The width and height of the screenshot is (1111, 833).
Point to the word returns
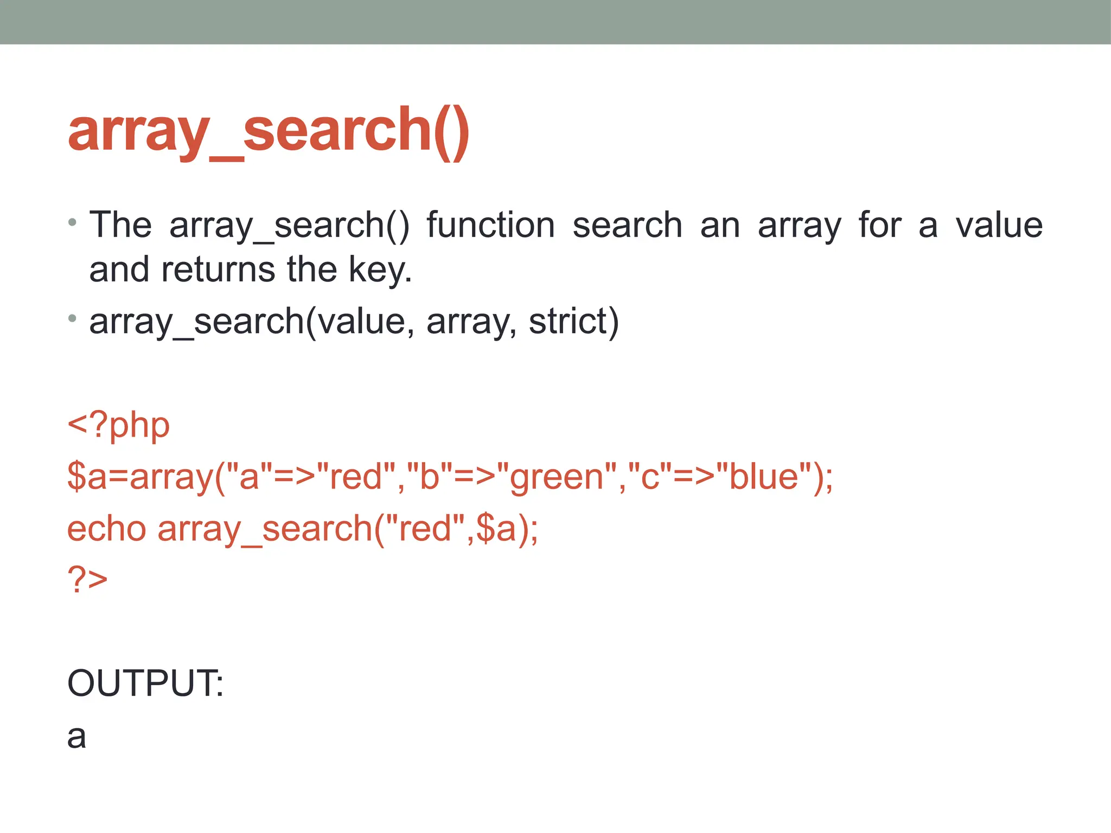218,270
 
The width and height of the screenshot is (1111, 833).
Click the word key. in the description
380,270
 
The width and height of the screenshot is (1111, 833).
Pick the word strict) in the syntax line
573,321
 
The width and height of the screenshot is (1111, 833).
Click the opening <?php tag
118,425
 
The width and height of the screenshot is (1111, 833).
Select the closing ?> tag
87,579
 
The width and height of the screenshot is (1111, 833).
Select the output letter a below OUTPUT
76,737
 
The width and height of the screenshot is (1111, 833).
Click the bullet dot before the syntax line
72,318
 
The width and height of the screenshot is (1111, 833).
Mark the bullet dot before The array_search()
72,222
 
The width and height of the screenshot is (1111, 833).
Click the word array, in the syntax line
471,321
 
